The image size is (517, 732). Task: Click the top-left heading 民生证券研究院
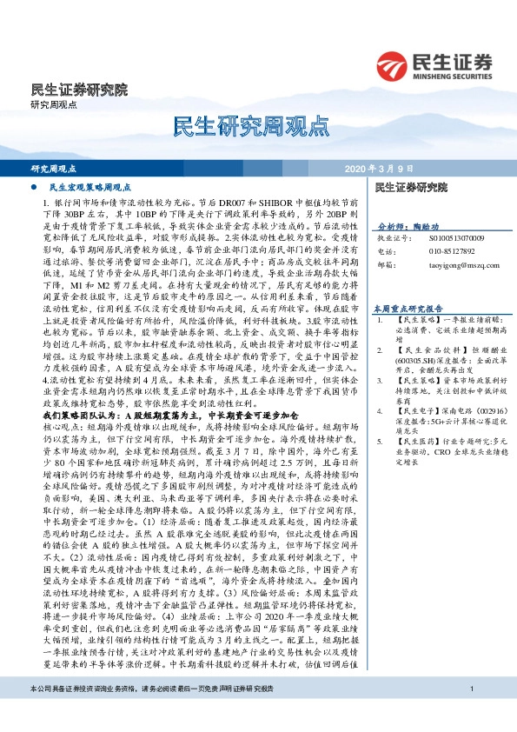tap(79, 90)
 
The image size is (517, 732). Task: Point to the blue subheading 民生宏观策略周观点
tap(89, 187)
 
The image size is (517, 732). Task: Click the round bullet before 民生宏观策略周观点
tap(33, 187)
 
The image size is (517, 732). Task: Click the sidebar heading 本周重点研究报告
tap(408, 308)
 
